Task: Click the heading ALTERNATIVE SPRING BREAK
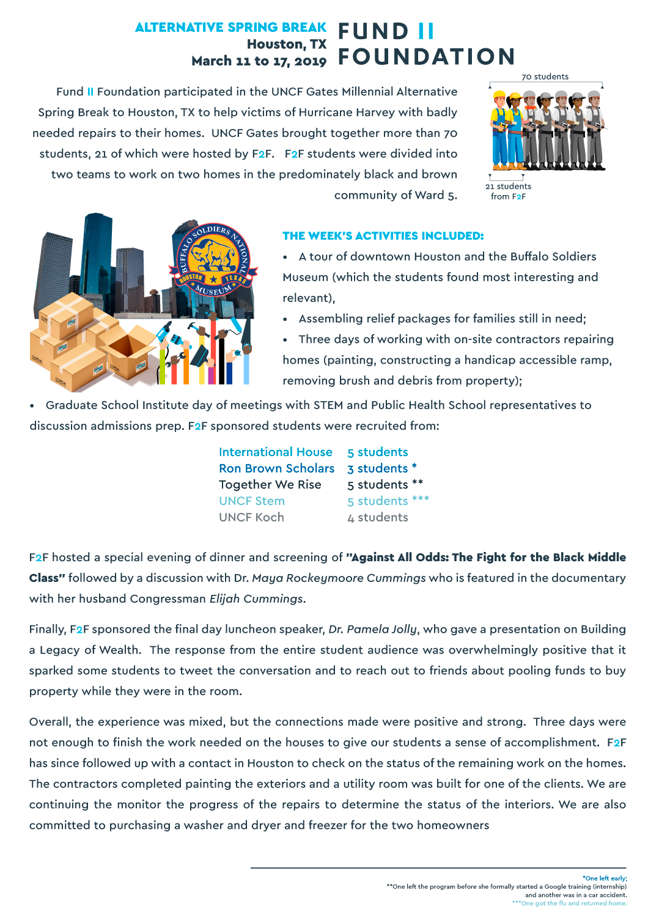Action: coord(230,28)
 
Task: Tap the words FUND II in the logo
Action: coord(386,31)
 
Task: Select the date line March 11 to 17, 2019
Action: coord(259,61)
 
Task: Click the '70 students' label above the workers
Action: coord(545,76)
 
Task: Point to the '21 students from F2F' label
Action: coord(508,191)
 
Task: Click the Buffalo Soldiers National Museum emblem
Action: coord(213,260)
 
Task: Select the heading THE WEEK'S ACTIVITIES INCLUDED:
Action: coord(383,236)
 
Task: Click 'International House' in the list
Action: coord(275,452)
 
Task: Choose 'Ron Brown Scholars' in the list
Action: coord(276,468)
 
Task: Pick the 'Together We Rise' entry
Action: coord(270,485)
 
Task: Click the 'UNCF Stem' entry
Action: coord(251,501)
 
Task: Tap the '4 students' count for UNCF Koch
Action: coord(377,518)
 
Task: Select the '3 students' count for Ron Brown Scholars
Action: coord(377,469)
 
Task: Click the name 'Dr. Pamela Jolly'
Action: coord(373,630)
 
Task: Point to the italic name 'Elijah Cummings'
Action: coord(256,599)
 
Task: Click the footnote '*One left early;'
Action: coord(605,878)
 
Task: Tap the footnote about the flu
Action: coord(569,904)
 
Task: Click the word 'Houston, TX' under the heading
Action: coord(286,45)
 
